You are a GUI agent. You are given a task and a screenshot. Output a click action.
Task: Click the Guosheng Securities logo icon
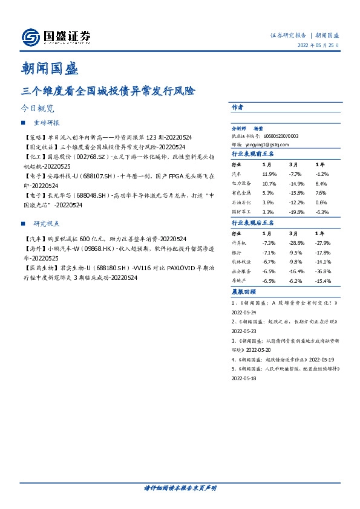click(x=31, y=37)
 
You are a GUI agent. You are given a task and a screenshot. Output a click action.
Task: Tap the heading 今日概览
click(x=38, y=109)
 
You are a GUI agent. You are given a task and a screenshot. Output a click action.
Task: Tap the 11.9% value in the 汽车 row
click(x=268, y=173)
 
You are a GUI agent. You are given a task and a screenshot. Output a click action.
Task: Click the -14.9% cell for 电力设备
click(x=296, y=183)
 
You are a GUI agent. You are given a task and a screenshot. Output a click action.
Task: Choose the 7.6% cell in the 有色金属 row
click(x=321, y=193)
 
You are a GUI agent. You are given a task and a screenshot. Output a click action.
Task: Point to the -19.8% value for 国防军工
click(x=296, y=212)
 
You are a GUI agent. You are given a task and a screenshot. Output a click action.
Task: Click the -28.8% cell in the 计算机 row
click(x=296, y=242)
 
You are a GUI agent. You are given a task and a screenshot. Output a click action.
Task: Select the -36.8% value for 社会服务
click(x=324, y=271)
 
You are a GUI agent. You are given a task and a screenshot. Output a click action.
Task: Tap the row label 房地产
click(x=240, y=281)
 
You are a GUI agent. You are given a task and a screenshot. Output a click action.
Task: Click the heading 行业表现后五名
click(x=253, y=223)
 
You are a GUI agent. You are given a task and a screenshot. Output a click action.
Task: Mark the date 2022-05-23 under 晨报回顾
click(x=244, y=331)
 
